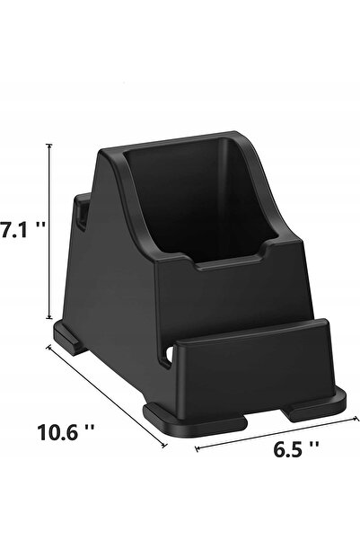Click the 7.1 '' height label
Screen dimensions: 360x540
tap(22, 229)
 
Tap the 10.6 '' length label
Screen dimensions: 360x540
tap(66, 432)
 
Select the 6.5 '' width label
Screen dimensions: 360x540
tap(295, 449)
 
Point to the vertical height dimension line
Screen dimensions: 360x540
tap(49, 232)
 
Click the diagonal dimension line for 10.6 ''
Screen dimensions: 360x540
tap(107, 396)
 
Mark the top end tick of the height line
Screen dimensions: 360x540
tap(49, 145)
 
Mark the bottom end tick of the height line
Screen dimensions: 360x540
tap(49, 318)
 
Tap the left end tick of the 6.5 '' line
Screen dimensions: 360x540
tap(197, 448)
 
